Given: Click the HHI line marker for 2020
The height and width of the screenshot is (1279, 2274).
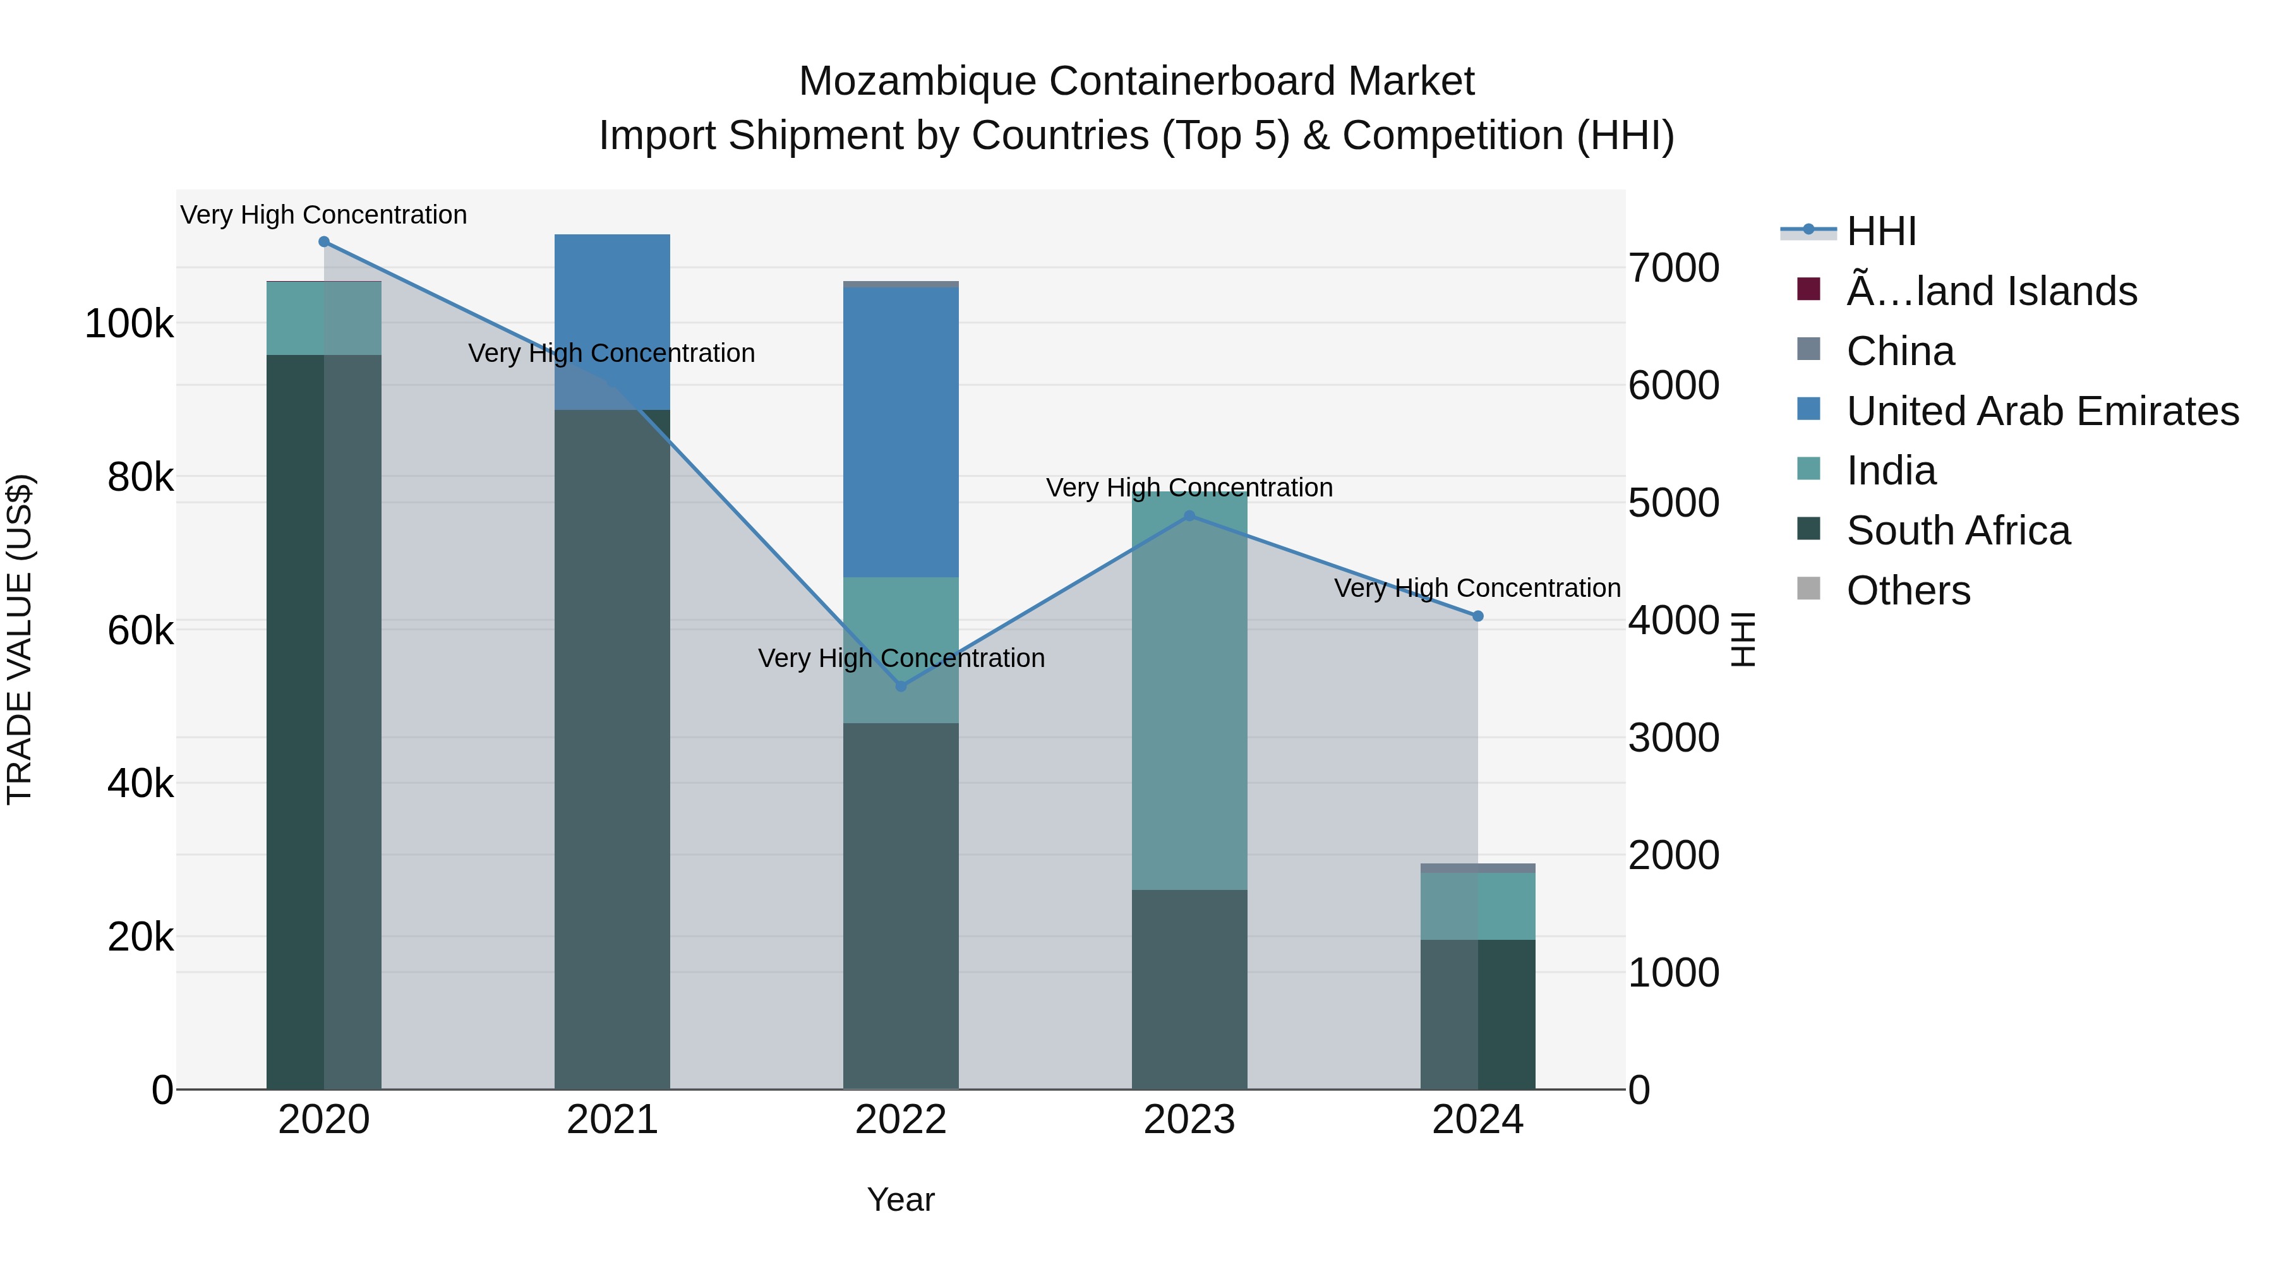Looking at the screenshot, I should click(x=324, y=242).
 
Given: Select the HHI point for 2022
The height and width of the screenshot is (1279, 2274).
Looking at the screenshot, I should click(x=900, y=686).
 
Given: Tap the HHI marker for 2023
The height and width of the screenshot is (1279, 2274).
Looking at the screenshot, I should click(x=1189, y=515).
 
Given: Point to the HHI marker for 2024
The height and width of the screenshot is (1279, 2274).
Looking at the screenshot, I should click(x=1477, y=616).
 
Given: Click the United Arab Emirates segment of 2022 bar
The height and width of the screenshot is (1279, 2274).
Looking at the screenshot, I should click(x=900, y=433).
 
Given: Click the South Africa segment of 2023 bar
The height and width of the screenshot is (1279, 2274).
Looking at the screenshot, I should click(x=1189, y=988).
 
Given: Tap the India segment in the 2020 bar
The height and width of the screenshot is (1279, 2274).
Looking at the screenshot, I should click(x=324, y=318).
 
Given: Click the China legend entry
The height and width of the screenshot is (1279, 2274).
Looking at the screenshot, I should click(x=1899, y=351).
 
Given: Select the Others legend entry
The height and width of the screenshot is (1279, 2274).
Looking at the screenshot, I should click(x=1908, y=591).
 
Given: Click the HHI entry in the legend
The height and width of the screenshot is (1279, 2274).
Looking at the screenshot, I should click(x=1880, y=231).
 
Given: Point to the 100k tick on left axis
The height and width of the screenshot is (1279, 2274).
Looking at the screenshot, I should click(x=129, y=324).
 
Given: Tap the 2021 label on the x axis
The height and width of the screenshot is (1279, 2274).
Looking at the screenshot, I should click(x=611, y=1120).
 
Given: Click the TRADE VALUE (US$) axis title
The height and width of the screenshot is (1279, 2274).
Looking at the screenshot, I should click(x=20, y=639).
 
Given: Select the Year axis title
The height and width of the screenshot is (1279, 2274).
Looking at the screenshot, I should click(x=900, y=1199).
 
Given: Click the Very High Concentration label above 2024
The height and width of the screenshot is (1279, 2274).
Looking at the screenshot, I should click(x=1477, y=588).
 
